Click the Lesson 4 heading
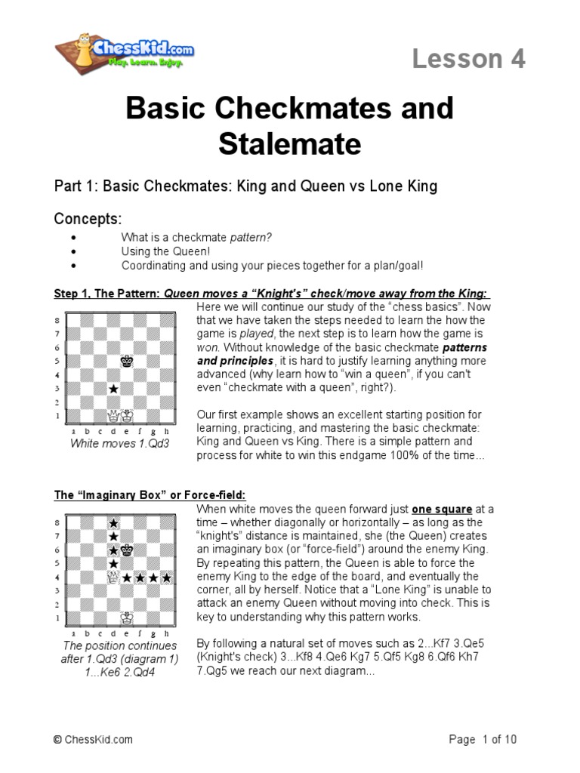[x=468, y=59]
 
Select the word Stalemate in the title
[x=290, y=144]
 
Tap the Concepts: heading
[x=88, y=219]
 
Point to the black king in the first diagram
[x=127, y=362]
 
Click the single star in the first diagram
[x=113, y=389]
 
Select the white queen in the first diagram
[x=113, y=415]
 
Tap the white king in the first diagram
[x=127, y=415]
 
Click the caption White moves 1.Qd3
[x=120, y=443]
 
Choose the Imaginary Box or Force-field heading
[x=150, y=495]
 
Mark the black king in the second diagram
[x=127, y=550]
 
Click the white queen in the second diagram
[x=113, y=577]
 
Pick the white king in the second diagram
[x=127, y=617]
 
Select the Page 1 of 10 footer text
[x=483, y=740]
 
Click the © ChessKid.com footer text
[x=94, y=741]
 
